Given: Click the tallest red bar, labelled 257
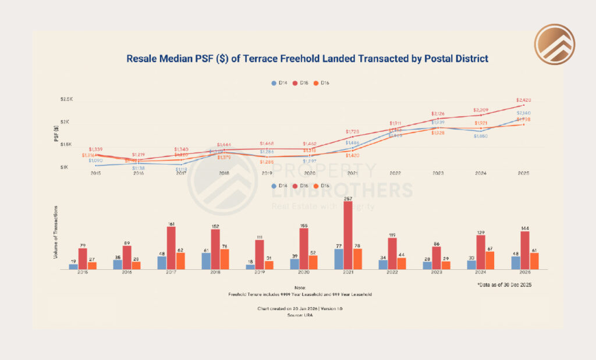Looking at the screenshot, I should pos(348,235).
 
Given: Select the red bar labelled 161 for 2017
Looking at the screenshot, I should pos(171,248).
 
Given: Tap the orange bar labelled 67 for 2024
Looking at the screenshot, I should pos(490,260).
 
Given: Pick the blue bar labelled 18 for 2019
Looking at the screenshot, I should pos(250,266).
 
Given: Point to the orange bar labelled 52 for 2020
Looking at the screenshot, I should pos(313,262).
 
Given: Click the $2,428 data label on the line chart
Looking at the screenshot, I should pos(523,99).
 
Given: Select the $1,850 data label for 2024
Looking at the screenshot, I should pos(481,136).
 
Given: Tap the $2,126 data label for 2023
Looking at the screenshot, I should pos(438,113).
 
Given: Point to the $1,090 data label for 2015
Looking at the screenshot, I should pos(96,159).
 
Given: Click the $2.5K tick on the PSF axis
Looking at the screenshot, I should pos(66,100).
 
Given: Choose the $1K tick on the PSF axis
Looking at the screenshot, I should pos(66,167).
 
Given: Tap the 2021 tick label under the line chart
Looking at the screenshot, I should pos(353,173).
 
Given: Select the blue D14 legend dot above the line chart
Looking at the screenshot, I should pos(274,83).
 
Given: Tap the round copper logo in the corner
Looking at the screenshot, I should pos(555,44).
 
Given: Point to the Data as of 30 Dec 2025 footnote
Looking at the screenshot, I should pos(504,285).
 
